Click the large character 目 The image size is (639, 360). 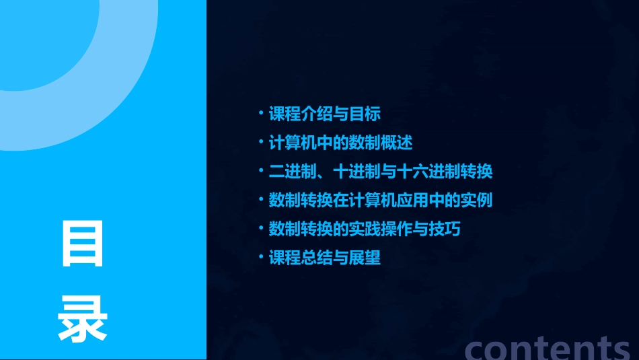tap(83, 243)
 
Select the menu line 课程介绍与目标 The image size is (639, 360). tap(324, 114)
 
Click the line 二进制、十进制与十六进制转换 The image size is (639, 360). tap(380, 172)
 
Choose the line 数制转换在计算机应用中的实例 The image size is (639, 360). tap(380, 201)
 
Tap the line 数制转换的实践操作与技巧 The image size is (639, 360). tap(364, 229)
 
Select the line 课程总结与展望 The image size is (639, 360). tap(324, 258)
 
